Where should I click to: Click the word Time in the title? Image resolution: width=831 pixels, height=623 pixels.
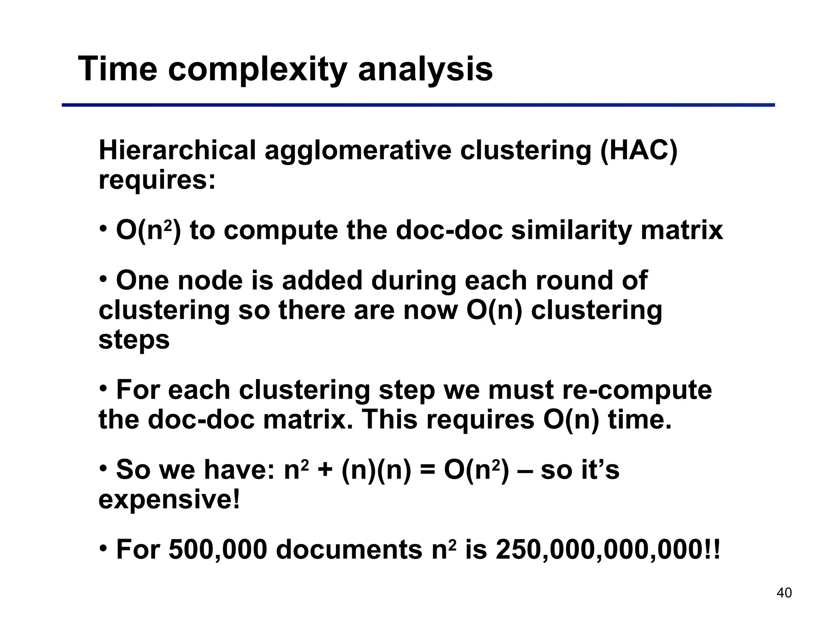[117, 69]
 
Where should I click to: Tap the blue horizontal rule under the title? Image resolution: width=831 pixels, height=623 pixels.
[418, 105]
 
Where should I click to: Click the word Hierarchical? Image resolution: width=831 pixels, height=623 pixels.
[177, 150]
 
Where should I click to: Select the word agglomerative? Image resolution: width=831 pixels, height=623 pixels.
[358, 151]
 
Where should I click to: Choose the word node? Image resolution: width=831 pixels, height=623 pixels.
[210, 280]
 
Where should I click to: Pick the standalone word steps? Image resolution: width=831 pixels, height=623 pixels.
[134, 339]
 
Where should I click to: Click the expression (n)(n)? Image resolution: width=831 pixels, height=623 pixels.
[376, 470]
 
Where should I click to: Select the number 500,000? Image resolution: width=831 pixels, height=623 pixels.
[218, 550]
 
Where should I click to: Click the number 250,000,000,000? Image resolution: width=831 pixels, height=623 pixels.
[601, 550]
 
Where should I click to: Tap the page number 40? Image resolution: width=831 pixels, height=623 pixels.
[784, 593]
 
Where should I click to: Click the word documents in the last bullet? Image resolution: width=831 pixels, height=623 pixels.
[349, 550]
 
